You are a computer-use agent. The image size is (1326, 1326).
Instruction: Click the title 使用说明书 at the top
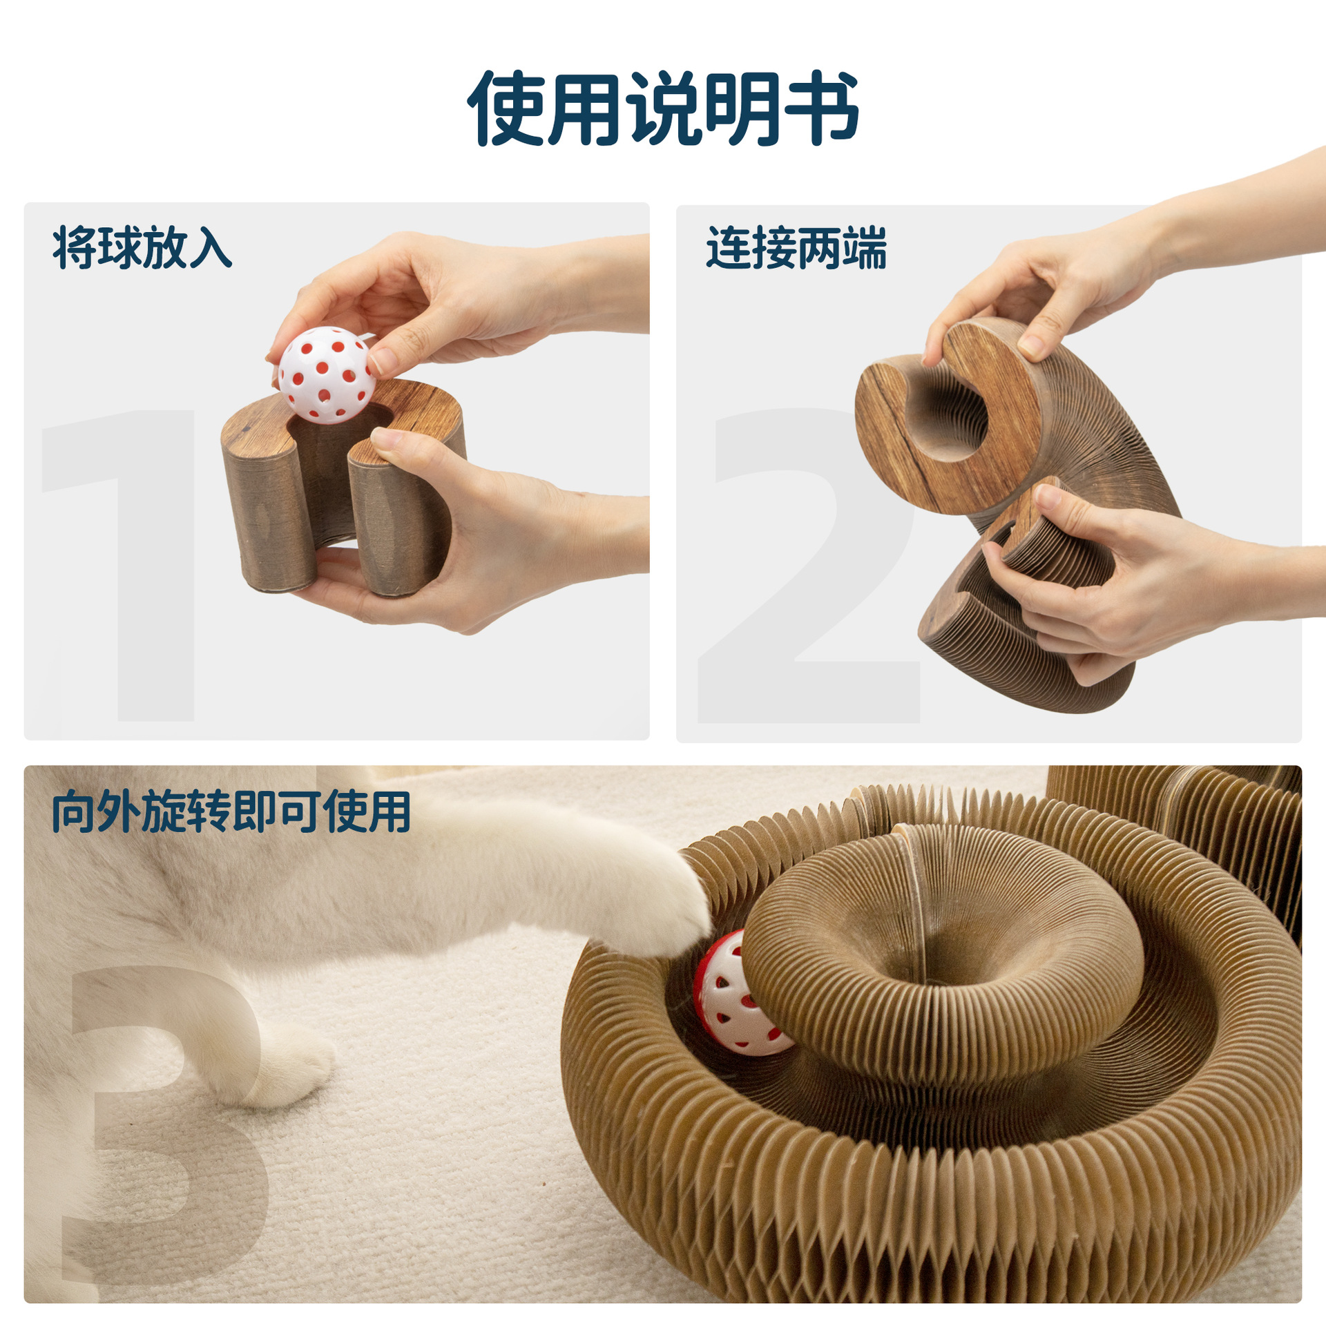663,108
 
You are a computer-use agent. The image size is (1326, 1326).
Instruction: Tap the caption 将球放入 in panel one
142,247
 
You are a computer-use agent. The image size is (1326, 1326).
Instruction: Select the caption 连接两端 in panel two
796,247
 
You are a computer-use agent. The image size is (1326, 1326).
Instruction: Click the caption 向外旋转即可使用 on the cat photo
231,811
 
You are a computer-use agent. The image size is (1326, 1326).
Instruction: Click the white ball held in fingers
326,375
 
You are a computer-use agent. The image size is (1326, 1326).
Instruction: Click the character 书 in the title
822,108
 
